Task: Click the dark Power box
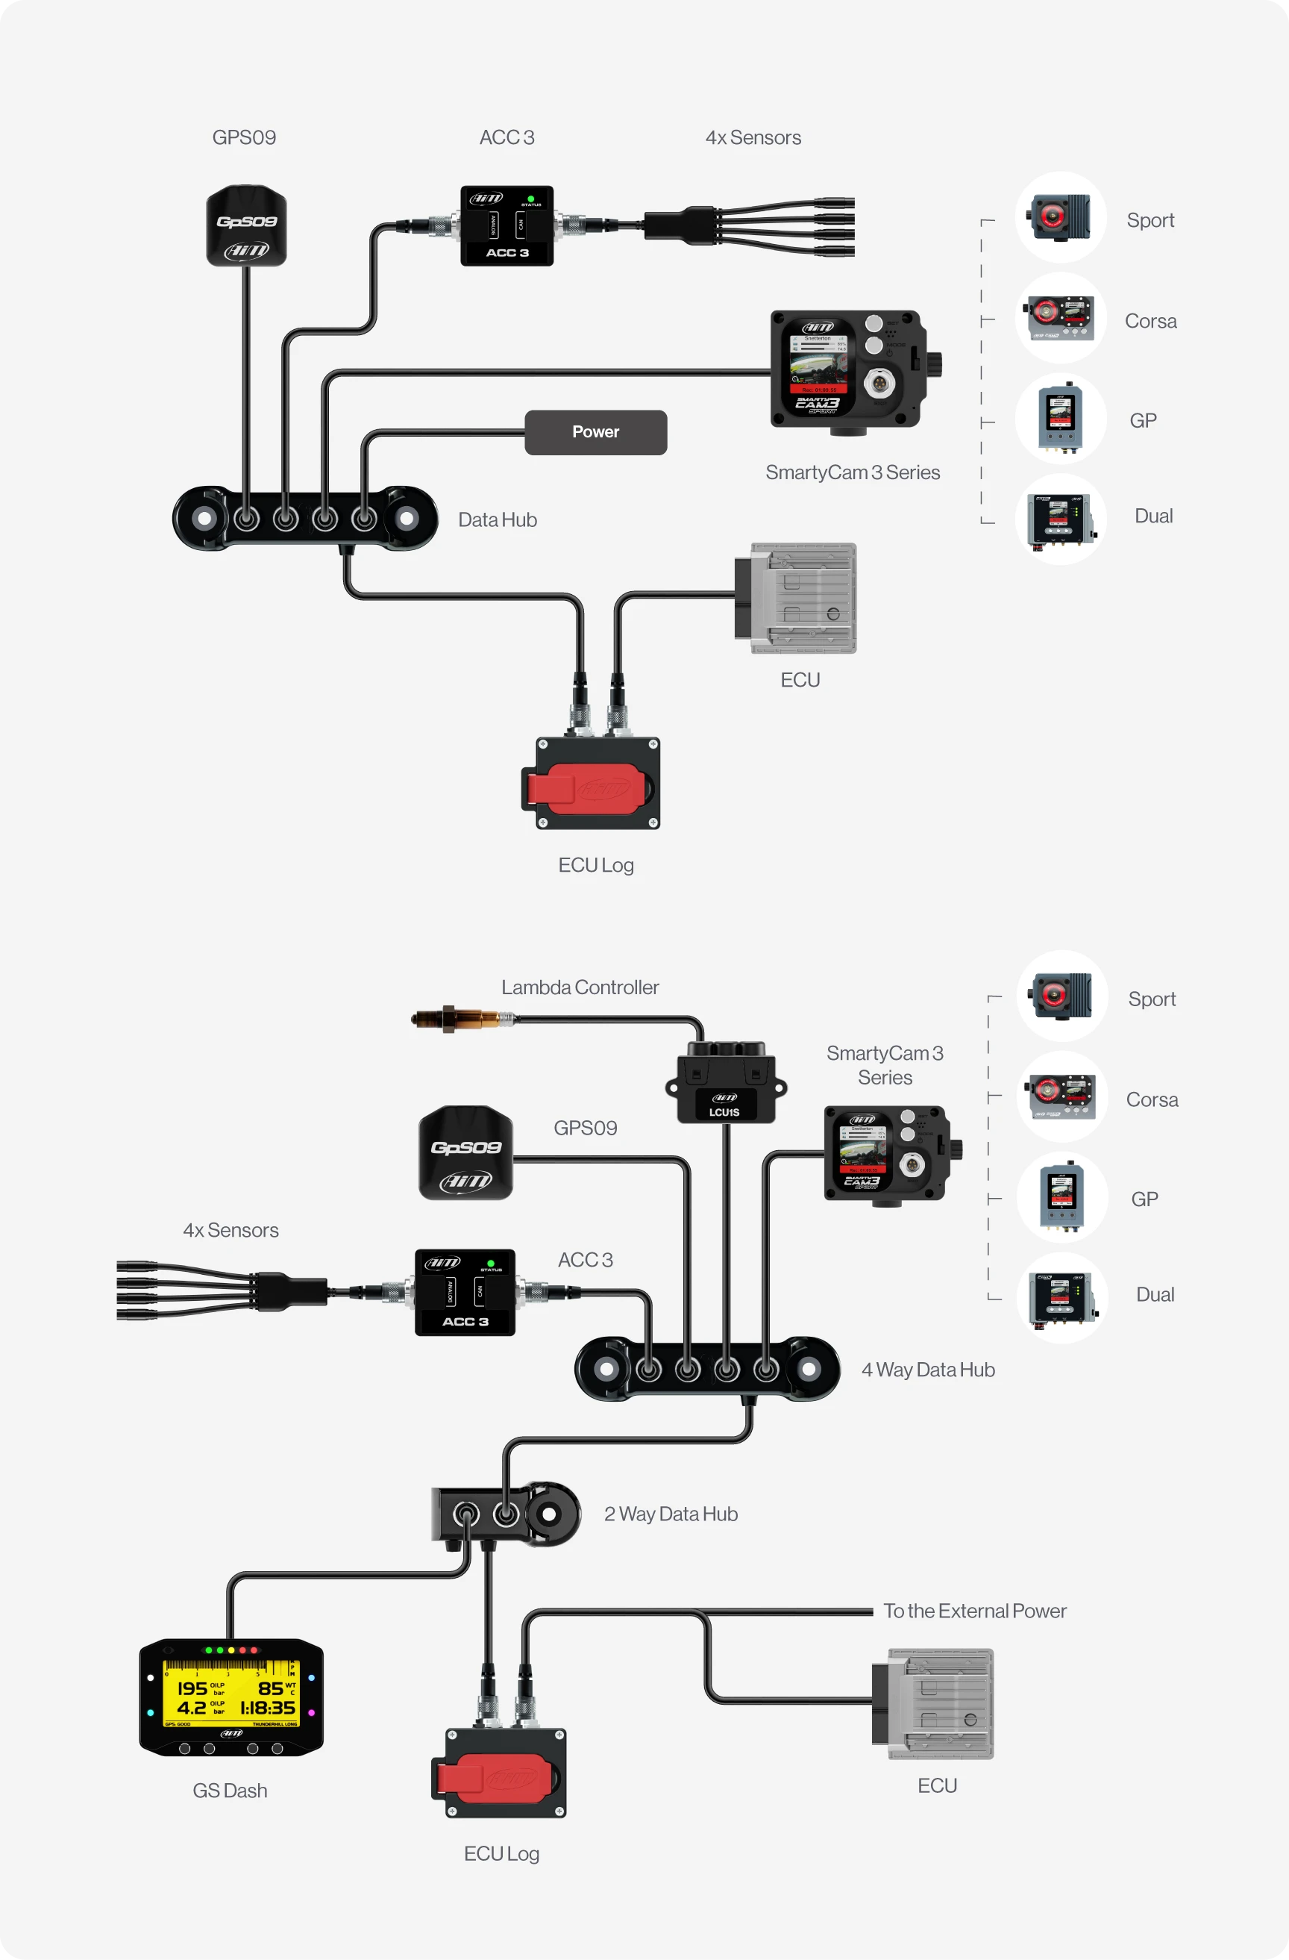[x=595, y=432]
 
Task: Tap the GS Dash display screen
[x=231, y=1697]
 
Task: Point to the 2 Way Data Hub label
[x=670, y=1514]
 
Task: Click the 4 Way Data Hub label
[x=928, y=1370]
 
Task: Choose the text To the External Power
[x=973, y=1611]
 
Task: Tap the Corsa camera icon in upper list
[x=1060, y=318]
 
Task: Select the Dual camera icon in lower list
[x=1061, y=1298]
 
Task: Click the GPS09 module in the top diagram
[x=246, y=225]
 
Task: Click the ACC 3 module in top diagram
[x=506, y=225]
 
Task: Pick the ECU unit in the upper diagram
[x=796, y=599]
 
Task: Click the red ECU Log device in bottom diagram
[x=499, y=1772]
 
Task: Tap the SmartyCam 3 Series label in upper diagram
[x=852, y=472]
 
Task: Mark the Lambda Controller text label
[x=580, y=987]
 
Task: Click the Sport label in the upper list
[x=1150, y=221]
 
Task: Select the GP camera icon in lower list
[x=1061, y=1197]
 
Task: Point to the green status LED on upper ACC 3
[x=531, y=199]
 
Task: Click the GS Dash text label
[x=230, y=1791]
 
